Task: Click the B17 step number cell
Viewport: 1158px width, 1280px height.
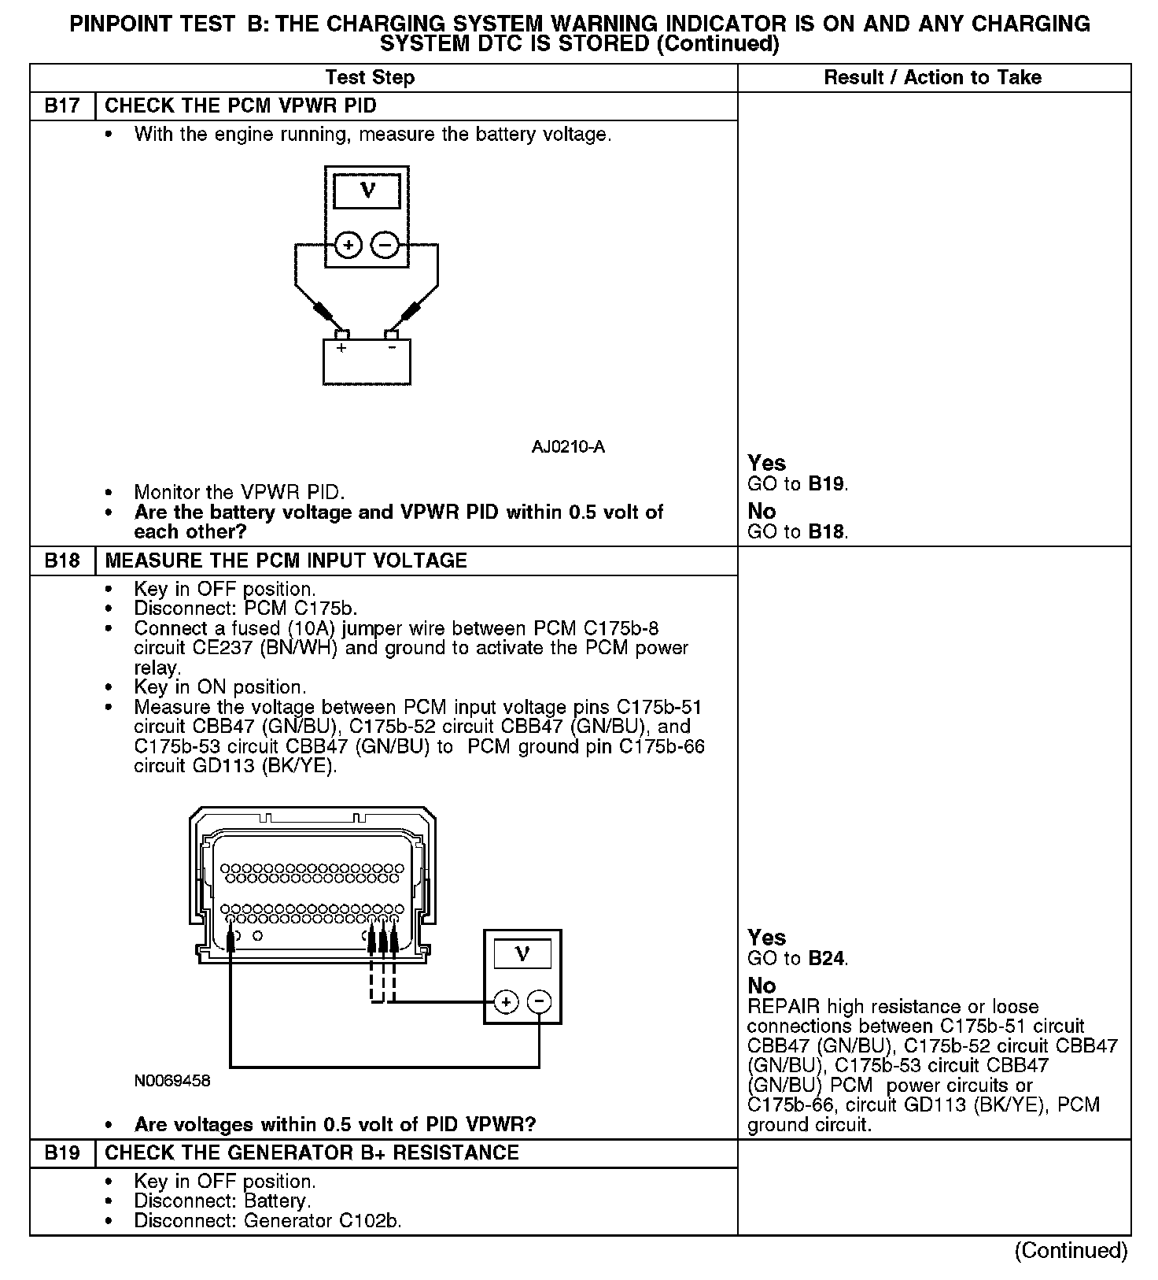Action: (x=62, y=106)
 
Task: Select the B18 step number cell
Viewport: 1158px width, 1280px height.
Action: (x=62, y=560)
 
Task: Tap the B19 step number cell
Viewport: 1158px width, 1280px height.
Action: (x=62, y=1152)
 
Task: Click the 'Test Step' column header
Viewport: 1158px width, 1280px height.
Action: (x=370, y=77)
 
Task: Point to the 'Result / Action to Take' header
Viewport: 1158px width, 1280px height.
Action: (x=932, y=77)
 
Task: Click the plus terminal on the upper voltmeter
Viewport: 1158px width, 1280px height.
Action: (x=349, y=246)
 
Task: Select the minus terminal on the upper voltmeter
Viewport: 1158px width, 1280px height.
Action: (x=385, y=246)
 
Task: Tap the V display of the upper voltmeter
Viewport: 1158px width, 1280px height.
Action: (x=367, y=191)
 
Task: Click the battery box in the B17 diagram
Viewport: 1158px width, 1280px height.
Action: (x=367, y=362)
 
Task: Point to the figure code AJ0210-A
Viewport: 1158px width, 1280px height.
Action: (x=568, y=447)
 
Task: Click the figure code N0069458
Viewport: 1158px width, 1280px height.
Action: (x=172, y=1081)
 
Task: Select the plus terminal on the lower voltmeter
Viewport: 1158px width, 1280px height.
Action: (x=506, y=1002)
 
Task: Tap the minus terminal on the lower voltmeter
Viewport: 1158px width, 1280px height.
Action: (x=539, y=1002)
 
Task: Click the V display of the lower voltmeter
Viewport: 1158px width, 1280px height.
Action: (x=522, y=954)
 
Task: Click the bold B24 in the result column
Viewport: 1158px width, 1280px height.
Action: (x=827, y=958)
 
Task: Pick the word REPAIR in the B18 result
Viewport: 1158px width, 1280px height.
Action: (x=784, y=1007)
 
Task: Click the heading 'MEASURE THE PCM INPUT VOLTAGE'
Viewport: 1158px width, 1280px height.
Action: (x=286, y=560)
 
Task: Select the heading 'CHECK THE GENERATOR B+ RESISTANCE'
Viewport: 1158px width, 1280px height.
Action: (x=312, y=1152)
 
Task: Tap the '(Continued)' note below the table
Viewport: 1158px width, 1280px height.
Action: (x=1071, y=1250)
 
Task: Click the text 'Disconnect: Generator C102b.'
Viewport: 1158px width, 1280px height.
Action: (x=267, y=1221)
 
